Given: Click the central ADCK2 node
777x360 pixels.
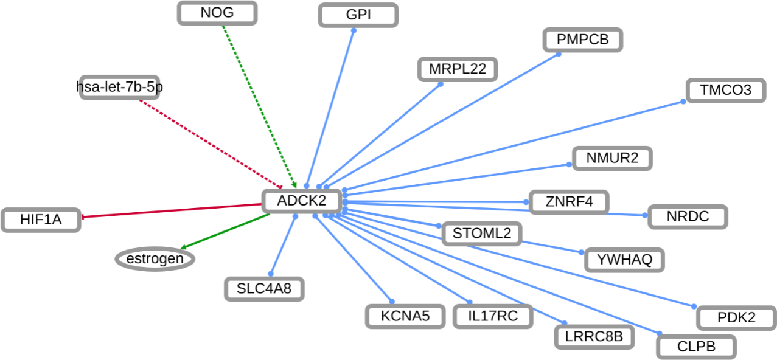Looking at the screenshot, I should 301,201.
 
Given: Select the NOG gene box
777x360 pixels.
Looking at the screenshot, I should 217,13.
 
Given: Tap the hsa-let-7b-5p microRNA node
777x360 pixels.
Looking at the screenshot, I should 120,88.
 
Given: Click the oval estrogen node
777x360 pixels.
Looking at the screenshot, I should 155,260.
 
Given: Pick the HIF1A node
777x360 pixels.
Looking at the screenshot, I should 41,220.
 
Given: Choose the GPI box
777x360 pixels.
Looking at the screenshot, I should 358,15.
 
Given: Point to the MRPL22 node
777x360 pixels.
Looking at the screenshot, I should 458,69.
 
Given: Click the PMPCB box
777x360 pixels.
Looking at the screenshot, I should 583,40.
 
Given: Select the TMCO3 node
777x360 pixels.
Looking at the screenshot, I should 725,91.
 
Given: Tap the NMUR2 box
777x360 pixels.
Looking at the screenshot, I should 612,159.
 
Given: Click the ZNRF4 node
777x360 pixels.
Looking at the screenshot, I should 568,202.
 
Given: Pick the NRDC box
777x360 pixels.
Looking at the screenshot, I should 688,216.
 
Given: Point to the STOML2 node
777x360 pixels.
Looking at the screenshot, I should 481,233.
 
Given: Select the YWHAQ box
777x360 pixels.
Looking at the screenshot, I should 624,260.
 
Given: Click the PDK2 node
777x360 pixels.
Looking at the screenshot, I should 736,317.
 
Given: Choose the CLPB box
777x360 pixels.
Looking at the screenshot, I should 696,347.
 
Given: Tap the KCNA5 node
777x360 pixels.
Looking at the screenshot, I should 405,316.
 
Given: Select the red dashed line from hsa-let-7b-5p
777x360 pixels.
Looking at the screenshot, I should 210,144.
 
